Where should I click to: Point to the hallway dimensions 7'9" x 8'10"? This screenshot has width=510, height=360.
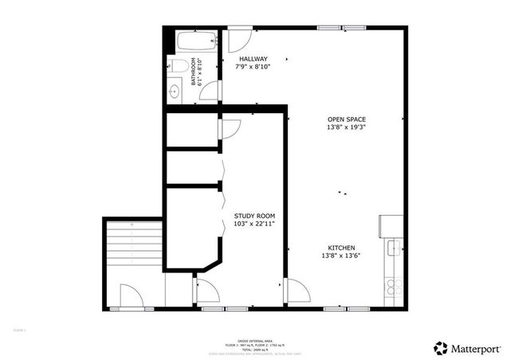[x=252, y=68]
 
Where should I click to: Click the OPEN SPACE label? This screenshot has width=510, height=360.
[x=347, y=119]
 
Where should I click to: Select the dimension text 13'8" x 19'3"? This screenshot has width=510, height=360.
[x=347, y=128]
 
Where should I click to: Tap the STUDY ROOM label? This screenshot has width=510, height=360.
[x=254, y=217]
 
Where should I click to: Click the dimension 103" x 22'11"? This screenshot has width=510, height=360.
[x=254, y=225]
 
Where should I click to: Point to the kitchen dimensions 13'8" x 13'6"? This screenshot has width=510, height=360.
[x=340, y=256]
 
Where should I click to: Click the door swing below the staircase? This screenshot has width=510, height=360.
[x=130, y=295]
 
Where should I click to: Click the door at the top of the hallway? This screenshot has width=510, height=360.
[x=240, y=41]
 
